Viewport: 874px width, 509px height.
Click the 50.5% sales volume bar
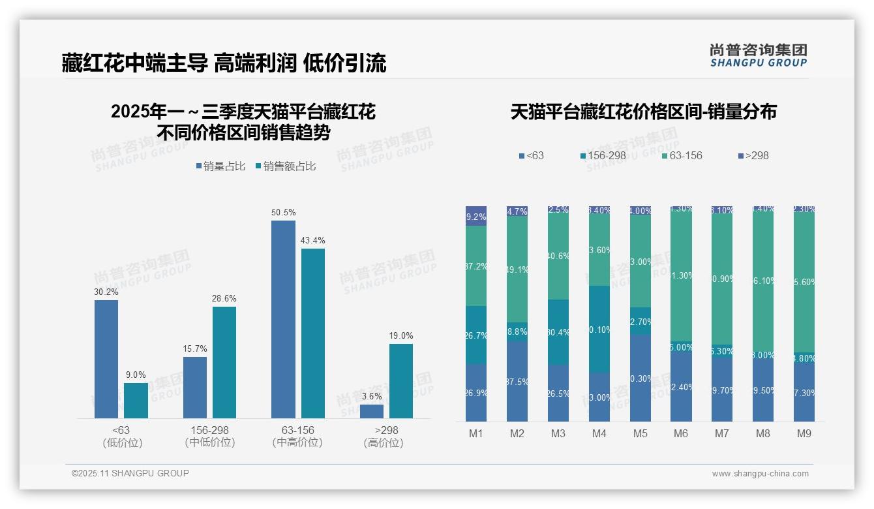click(283, 319)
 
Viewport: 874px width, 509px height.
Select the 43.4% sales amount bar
click(313, 333)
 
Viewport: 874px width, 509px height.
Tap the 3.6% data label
click(372, 397)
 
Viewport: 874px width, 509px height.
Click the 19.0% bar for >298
click(401, 380)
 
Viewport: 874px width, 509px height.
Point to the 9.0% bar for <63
click(136, 400)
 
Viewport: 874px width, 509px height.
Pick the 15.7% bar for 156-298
click(195, 387)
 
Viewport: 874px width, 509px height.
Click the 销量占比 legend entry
click(220, 166)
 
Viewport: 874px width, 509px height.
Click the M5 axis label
click(640, 433)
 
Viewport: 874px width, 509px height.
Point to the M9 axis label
click(804, 433)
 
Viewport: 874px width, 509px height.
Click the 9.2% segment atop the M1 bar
click(476, 216)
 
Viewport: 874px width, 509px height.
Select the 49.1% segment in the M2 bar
click(517, 269)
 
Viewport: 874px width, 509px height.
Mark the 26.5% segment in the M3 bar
click(558, 393)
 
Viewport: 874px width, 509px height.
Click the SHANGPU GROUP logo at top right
click(758, 55)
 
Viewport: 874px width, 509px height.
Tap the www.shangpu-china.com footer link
click(760, 474)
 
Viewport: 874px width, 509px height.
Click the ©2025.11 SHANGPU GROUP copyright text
click(130, 473)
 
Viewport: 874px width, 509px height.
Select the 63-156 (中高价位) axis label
click(297, 437)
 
